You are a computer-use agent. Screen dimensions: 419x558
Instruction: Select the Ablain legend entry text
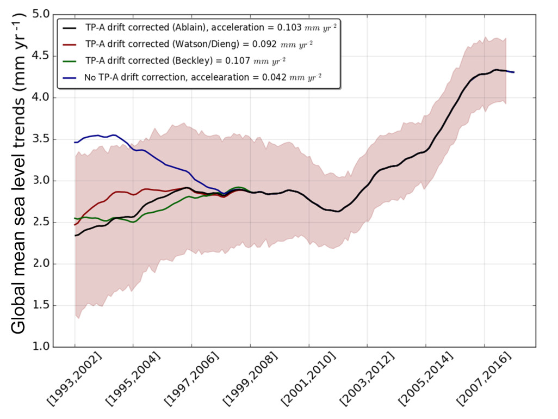click(212, 27)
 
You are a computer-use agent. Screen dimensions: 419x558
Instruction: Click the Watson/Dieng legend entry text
click(199, 44)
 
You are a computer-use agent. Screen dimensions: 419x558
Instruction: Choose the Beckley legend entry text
click(185, 60)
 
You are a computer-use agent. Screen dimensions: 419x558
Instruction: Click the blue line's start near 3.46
click(76, 142)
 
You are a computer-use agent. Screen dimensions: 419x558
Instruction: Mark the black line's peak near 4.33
click(496, 70)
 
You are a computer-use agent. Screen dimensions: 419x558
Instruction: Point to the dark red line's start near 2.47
click(76, 224)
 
